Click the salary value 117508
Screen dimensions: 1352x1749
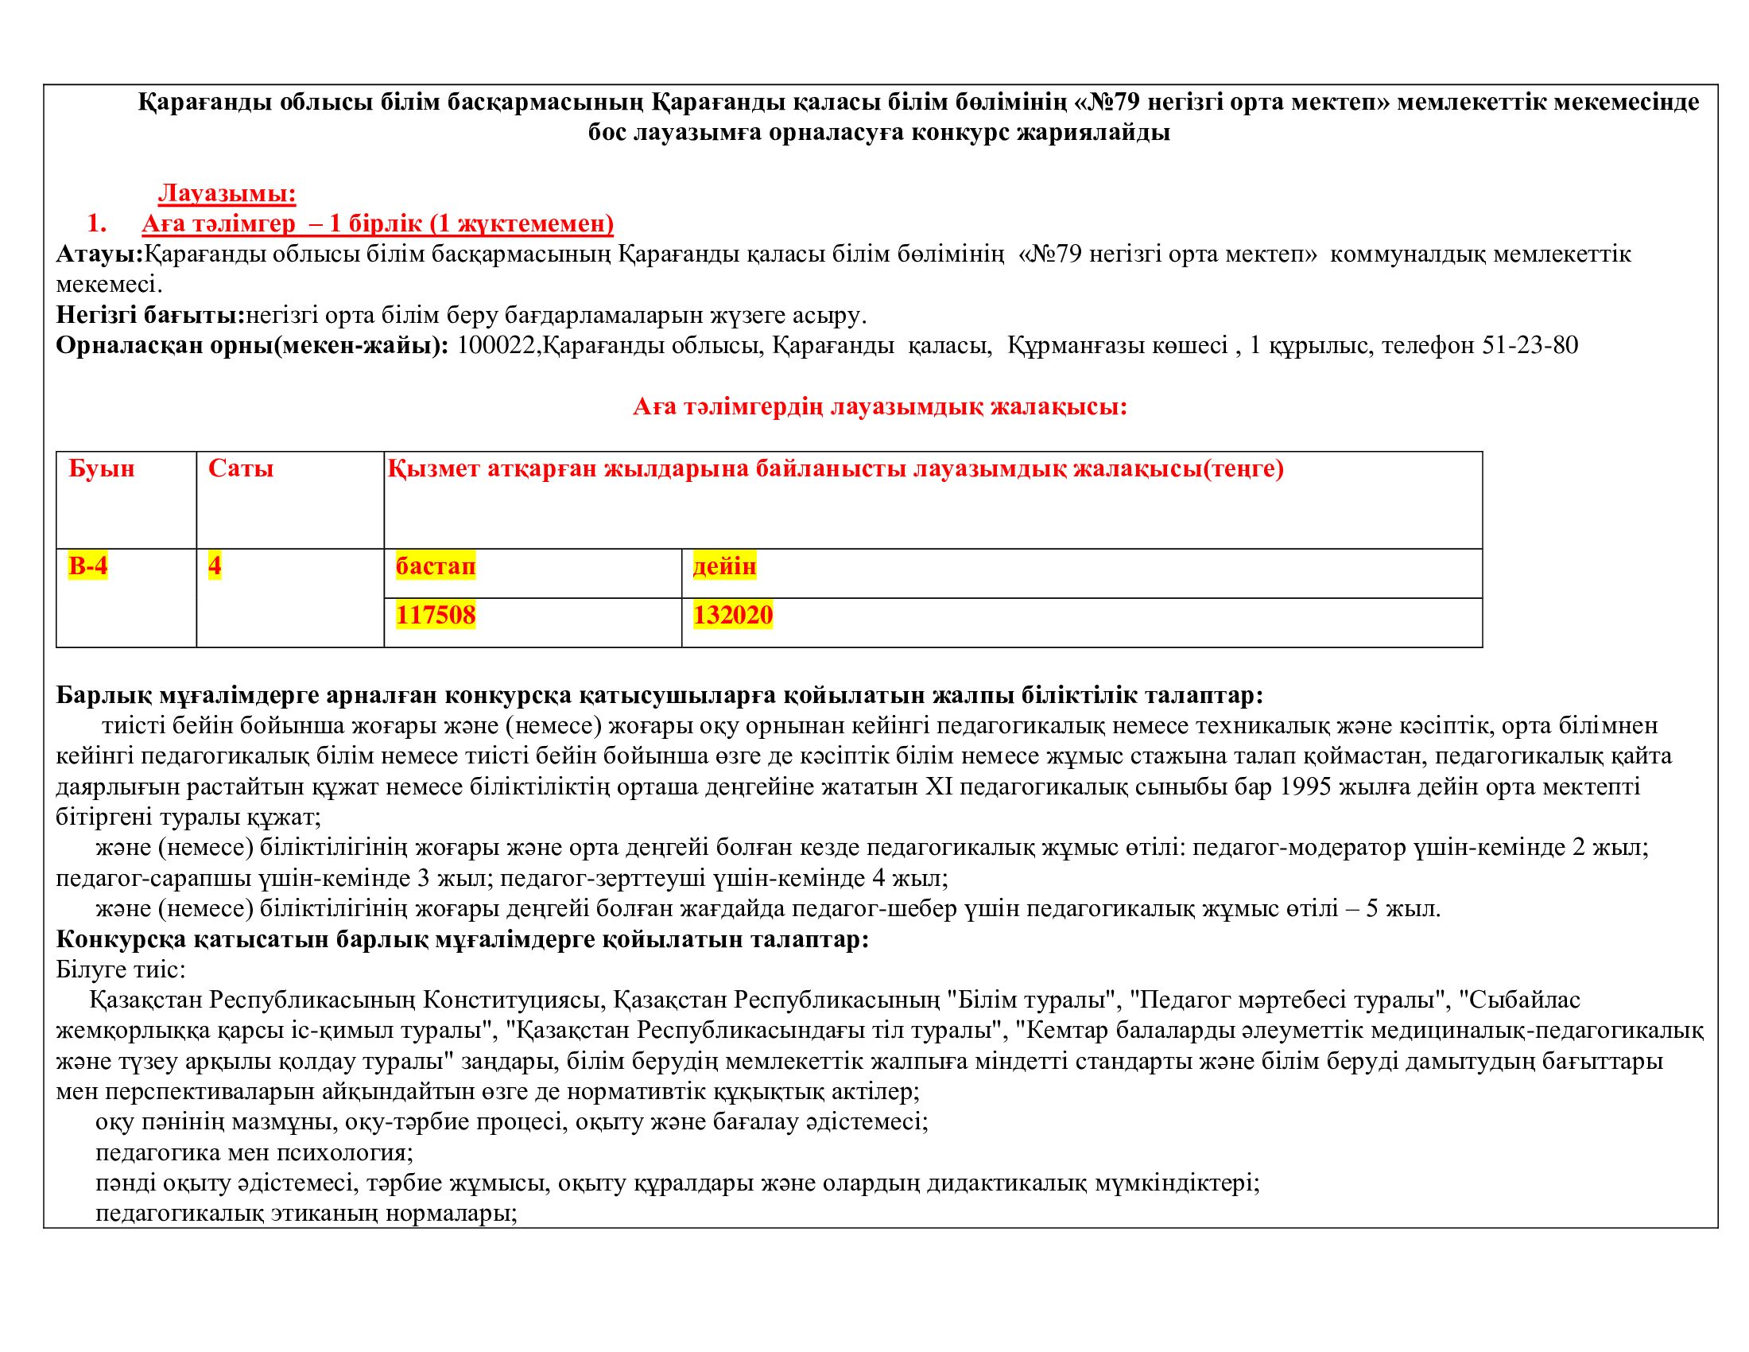click(436, 615)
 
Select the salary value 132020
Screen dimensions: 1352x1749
click(733, 615)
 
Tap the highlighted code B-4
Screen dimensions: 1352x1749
click(88, 566)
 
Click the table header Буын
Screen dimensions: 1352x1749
click(102, 468)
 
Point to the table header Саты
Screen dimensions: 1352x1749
click(241, 468)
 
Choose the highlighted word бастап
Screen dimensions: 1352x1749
click(436, 566)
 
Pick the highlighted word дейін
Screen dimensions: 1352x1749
click(724, 566)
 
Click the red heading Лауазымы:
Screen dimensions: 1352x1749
click(227, 193)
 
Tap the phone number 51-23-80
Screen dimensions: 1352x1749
click(1530, 345)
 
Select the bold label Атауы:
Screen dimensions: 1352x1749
click(99, 254)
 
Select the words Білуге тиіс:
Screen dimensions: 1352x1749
click(121, 970)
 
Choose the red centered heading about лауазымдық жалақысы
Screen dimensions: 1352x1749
click(880, 407)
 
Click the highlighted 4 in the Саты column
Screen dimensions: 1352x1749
click(215, 566)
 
